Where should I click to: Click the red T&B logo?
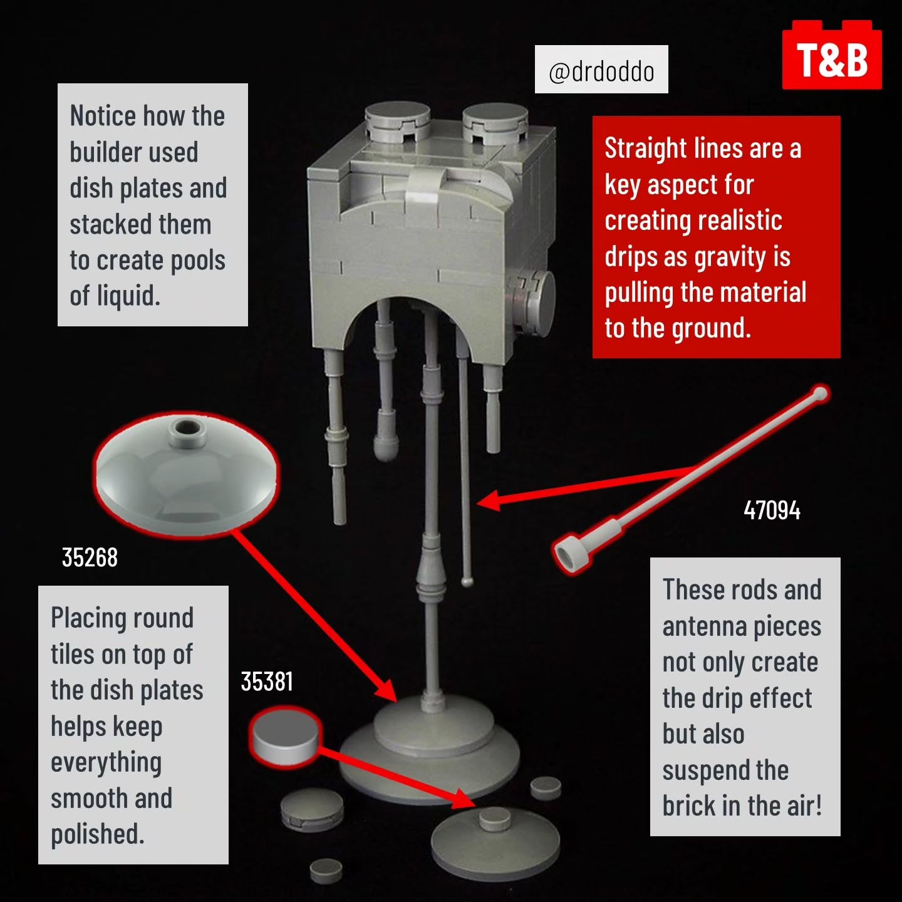832,54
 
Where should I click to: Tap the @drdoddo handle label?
601,70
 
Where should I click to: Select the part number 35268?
90,557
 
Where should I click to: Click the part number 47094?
772,510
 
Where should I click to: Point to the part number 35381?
267,681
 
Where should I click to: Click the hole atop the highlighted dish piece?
187,427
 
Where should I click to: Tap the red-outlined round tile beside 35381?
285,738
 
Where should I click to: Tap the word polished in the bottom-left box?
97,834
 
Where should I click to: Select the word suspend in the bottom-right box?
725,770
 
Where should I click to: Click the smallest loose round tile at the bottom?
326,871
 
